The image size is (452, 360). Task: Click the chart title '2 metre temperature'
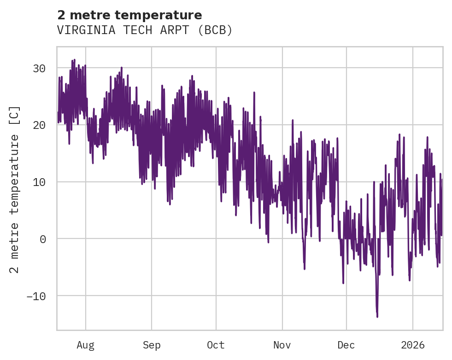point(129,15)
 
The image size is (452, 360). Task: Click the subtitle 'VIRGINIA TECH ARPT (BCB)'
point(145,30)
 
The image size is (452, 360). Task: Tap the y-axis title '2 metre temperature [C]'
point(15,189)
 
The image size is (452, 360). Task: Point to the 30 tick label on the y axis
point(39,68)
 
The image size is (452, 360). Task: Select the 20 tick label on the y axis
point(39,125)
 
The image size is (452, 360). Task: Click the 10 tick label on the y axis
point(39,182)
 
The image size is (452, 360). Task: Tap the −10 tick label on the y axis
point(36,296)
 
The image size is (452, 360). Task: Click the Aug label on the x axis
point(86,345)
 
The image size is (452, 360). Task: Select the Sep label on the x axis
point(151,345)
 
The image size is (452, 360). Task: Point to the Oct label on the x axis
point(216,345)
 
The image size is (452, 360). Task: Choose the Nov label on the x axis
point(282,345)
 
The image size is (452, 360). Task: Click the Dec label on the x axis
point(346,345)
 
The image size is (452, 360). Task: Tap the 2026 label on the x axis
point(413,345)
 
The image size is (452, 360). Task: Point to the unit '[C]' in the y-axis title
point(15,115)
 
